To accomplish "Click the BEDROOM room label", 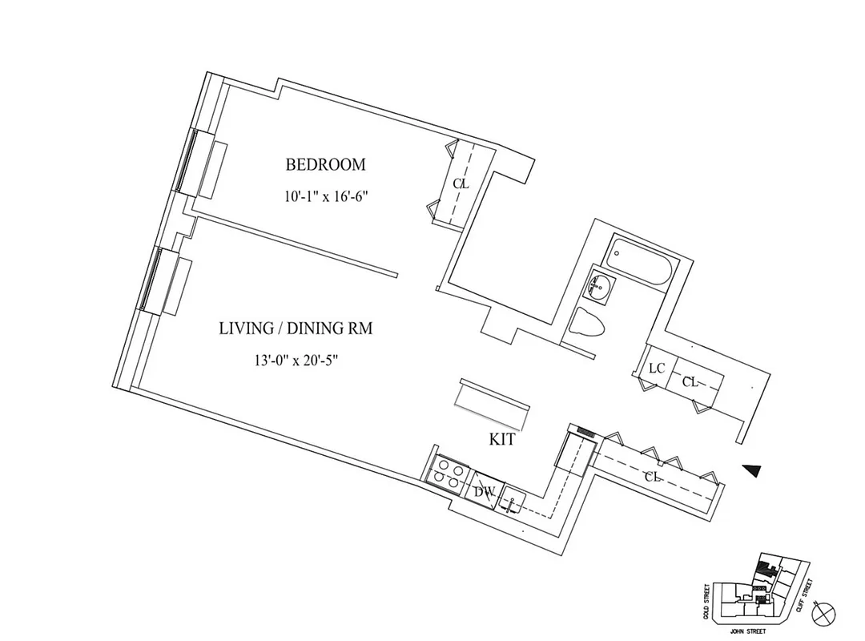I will coord(325,165).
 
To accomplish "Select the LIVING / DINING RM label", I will coord(296,329).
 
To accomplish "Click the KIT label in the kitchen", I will coord(501,440).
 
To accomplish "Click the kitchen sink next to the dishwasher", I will coord(510,502).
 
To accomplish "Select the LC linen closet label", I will coord(657,368).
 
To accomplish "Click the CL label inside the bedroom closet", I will coord(460,183).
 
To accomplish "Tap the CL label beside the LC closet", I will coord(690,383).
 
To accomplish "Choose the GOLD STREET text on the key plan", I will coord(706,601).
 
